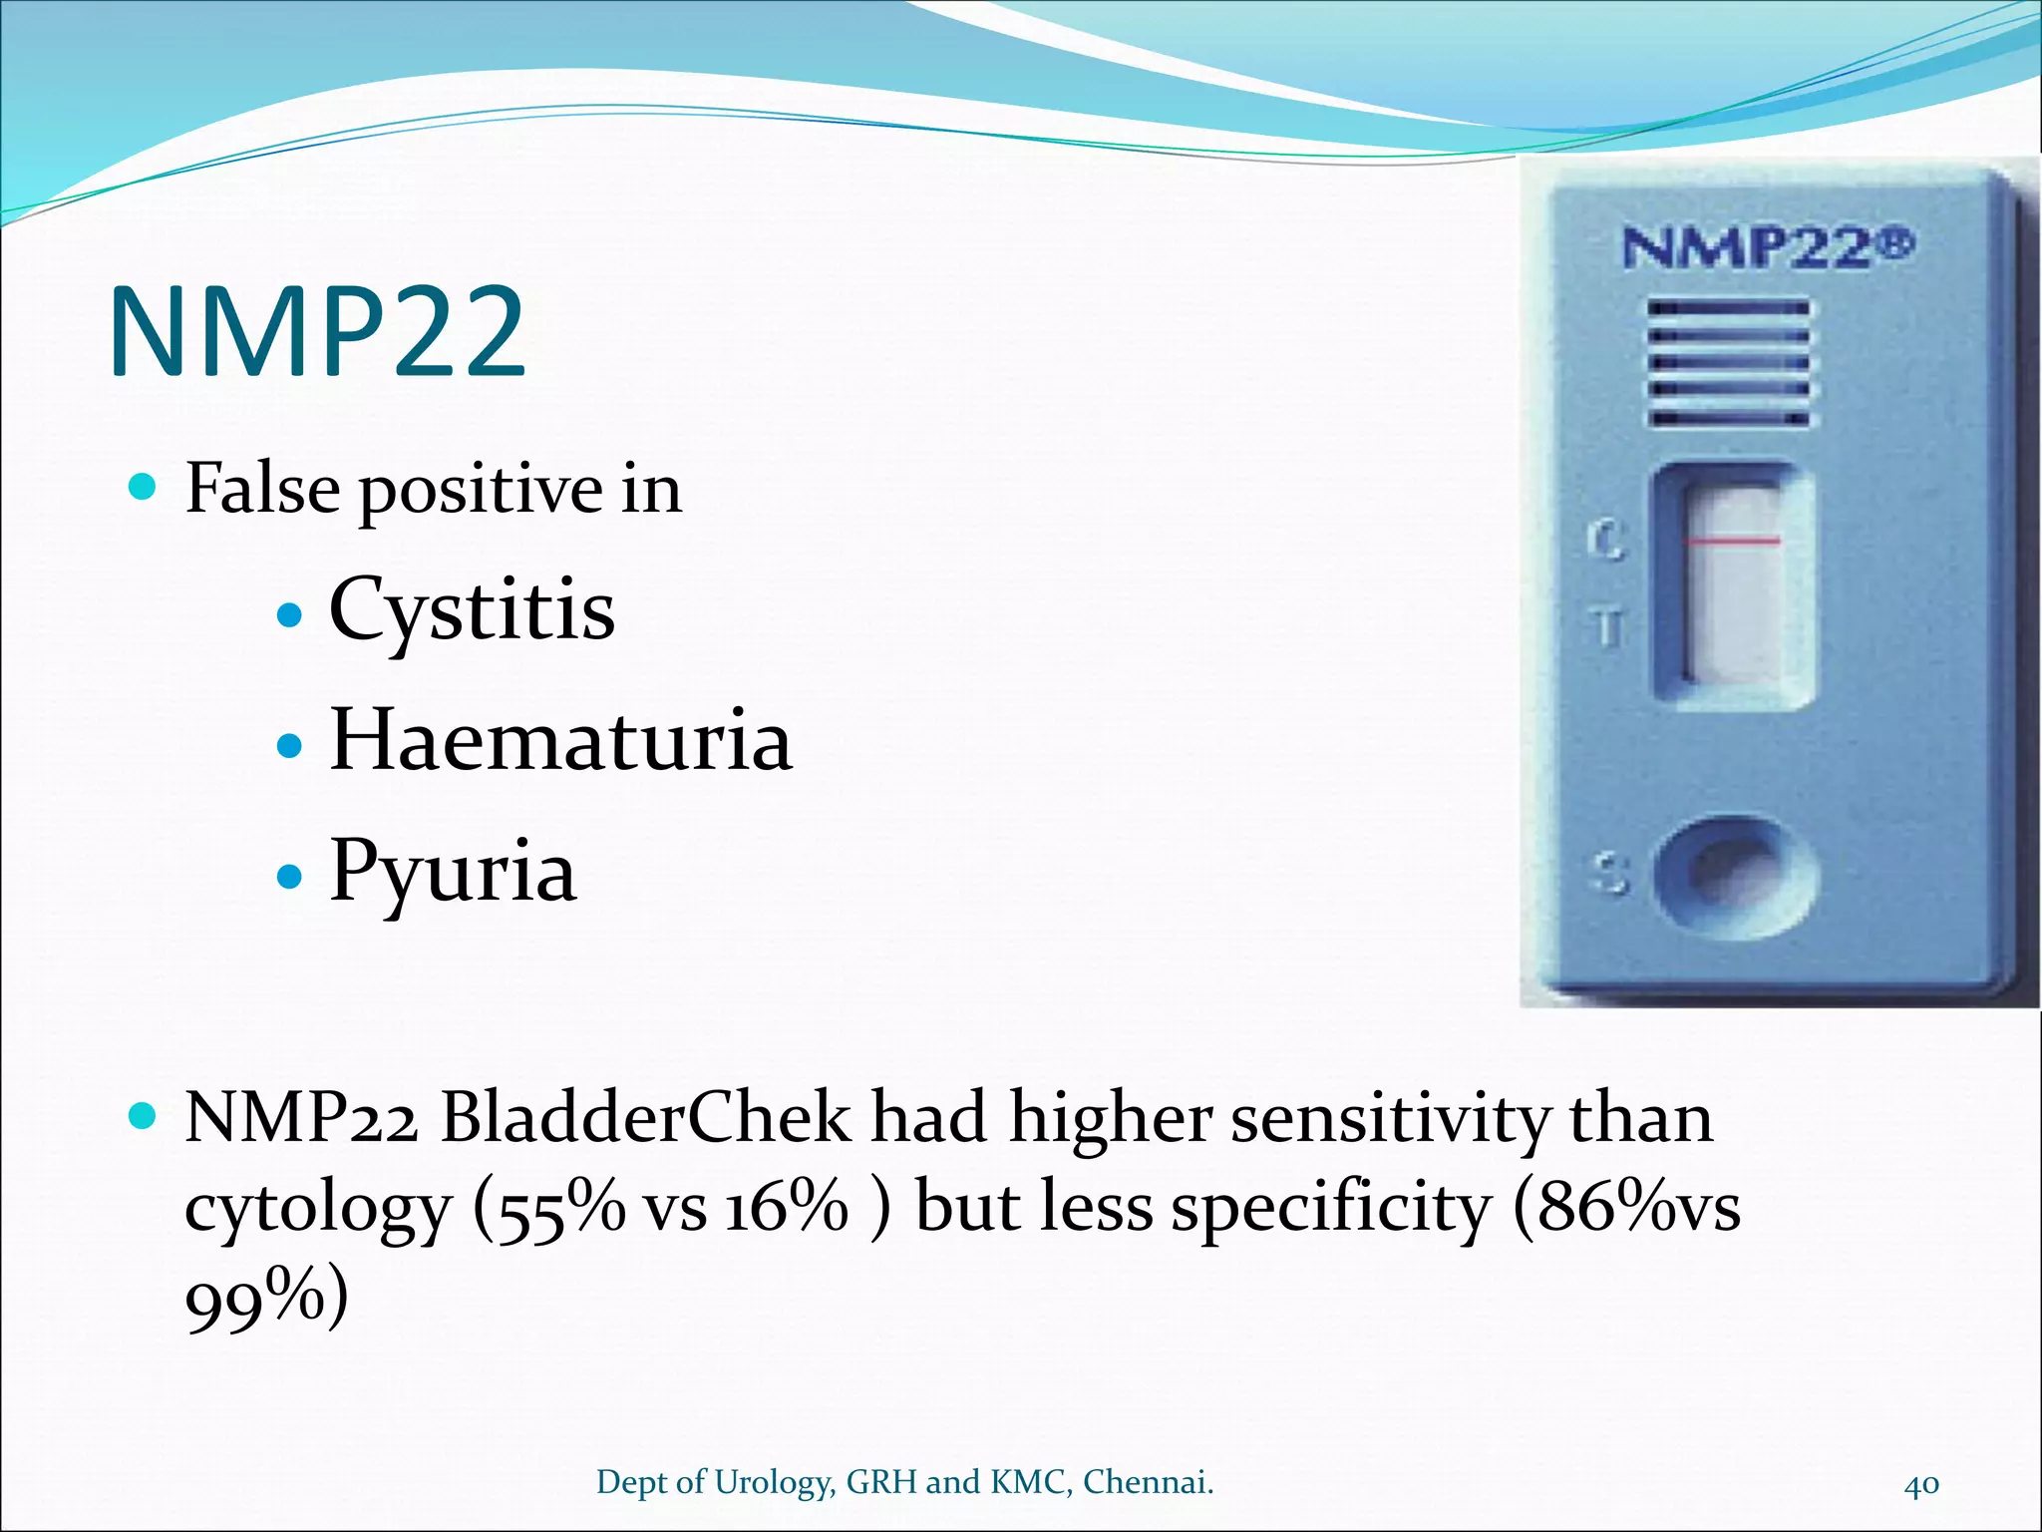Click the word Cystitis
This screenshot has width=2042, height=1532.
(472, 610)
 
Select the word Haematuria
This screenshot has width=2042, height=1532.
(560, 741)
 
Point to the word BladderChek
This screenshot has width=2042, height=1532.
(646, 1118)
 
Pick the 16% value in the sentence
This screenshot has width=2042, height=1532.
(786, 1208)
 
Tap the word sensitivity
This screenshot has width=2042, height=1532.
(1390, 1118)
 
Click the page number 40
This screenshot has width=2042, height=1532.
(1921, 1483)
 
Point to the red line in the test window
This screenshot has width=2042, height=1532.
(1733, 542)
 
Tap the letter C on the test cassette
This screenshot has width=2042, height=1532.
(1605, 542)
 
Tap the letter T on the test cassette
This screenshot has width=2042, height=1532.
(1606, 628)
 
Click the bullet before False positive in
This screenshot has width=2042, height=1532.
(144, 488)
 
